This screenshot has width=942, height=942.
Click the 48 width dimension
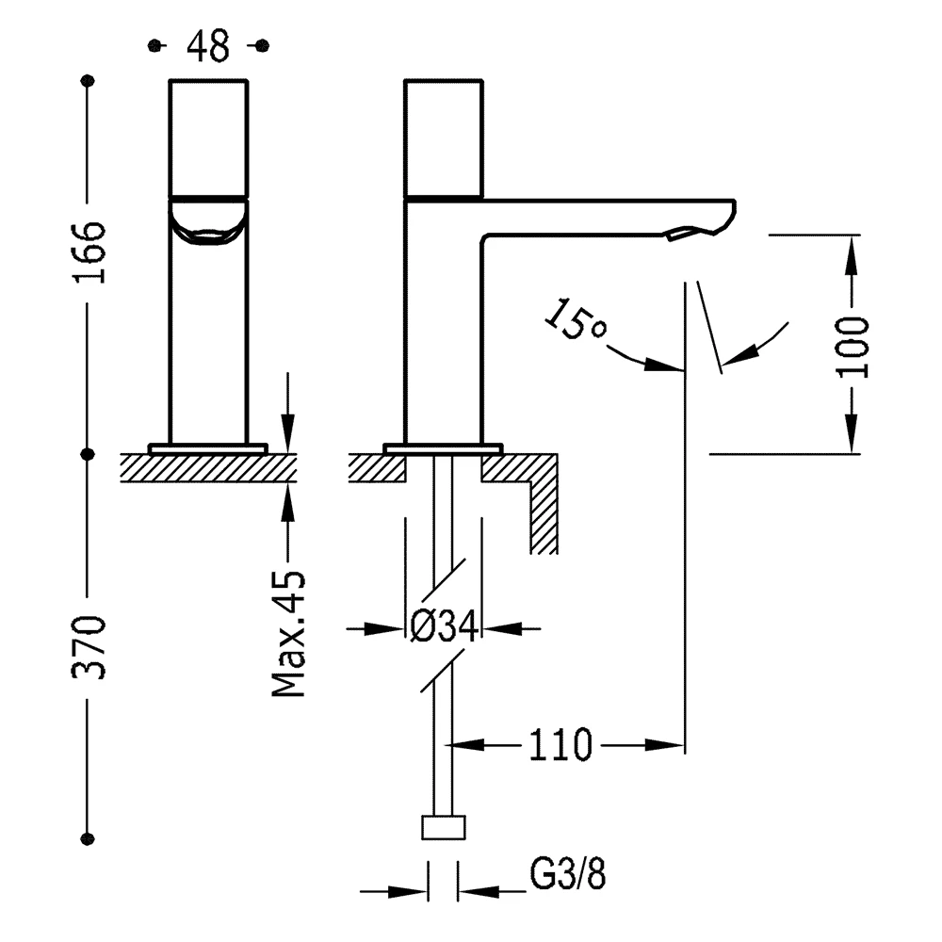click(208, 45)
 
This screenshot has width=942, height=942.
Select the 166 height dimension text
click(89, 252)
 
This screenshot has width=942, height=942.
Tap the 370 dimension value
click(89, 647)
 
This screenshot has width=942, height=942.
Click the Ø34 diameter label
click(442, 627)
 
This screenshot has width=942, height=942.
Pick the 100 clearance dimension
click(853, 346)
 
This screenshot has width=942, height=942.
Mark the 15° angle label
click(577, 323)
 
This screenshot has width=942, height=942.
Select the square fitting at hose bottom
click(443, 827)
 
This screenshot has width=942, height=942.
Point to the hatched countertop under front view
click(208, 467)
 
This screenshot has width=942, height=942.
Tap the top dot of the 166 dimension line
click(89, 81)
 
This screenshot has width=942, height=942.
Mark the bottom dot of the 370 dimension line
click(89, 837)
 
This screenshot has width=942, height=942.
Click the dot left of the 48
click(156, 45)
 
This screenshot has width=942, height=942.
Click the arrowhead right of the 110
click(670, 745)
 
